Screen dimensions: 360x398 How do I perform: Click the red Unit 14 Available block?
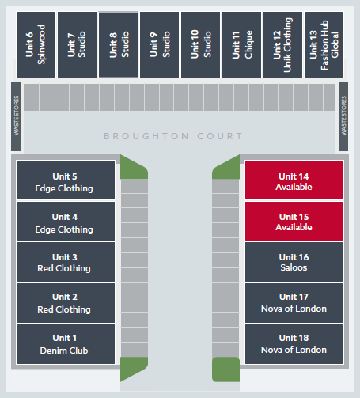[294, 180]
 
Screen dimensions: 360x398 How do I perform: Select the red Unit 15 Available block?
[294, 221]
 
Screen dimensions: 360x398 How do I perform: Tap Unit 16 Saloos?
[294, 262]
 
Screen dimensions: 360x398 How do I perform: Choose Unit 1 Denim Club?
[66, 344]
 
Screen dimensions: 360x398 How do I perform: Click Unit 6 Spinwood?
[36, 44]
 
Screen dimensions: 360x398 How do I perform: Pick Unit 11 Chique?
[241, 44]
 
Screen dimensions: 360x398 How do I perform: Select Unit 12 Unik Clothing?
[282, 44]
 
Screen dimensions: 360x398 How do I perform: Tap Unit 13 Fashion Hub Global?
[324, 44]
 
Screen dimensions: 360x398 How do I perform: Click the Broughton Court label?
[173, 136]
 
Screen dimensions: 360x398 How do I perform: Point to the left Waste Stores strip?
[16, 116]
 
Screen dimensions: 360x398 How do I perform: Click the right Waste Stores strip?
[343, 116]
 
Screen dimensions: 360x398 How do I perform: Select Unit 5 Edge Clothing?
[66, 180]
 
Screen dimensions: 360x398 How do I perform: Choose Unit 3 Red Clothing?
[66, 262]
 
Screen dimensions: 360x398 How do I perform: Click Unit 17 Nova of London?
[294, 303]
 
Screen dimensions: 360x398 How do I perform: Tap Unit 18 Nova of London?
[294, 344]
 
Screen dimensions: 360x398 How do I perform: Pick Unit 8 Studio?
[118, 44]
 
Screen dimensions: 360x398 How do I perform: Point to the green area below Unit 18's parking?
[225, 370]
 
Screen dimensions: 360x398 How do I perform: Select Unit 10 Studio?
[200, 44]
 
